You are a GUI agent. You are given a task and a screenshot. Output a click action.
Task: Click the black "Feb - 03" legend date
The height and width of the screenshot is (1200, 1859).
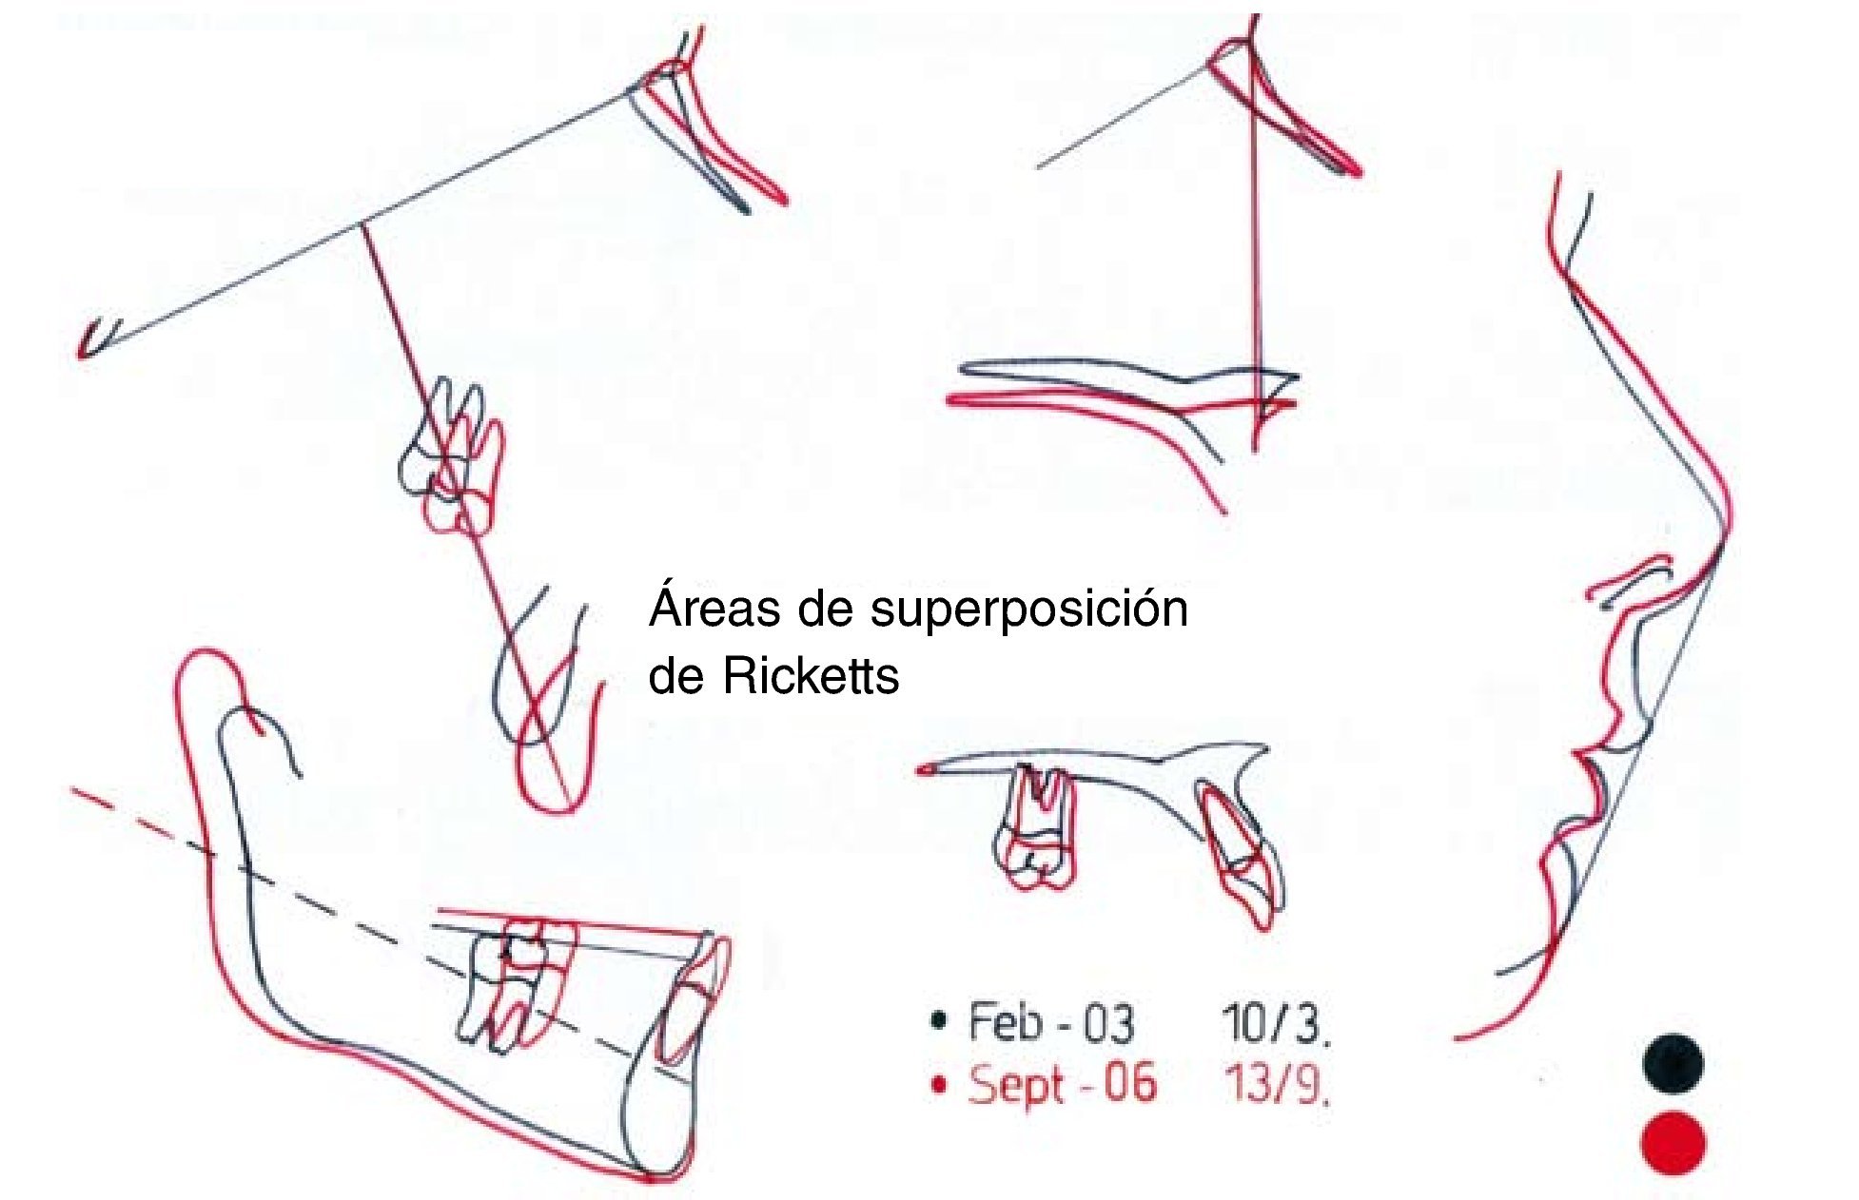click(x=1050, y=1023)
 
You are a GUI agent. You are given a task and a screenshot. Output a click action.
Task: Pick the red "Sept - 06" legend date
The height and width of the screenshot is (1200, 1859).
click(x=1062, y=1084)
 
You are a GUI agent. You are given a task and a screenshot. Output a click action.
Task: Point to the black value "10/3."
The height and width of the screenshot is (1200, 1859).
click(x=1276, y=1023)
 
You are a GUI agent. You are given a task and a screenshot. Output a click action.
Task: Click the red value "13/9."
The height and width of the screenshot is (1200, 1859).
click(x=1276, y=1084)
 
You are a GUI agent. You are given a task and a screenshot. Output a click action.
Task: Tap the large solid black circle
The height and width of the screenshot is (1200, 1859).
click(x=1673, y=1063)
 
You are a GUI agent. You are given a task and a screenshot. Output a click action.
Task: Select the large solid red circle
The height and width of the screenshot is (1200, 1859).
click(x=1673, y=1142)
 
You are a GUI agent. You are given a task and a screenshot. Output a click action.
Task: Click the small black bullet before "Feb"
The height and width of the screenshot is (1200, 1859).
click(x=939, y=1022)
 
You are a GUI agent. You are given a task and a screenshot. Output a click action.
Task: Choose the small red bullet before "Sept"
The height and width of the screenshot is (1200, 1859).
click(x=939, y=1084)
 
